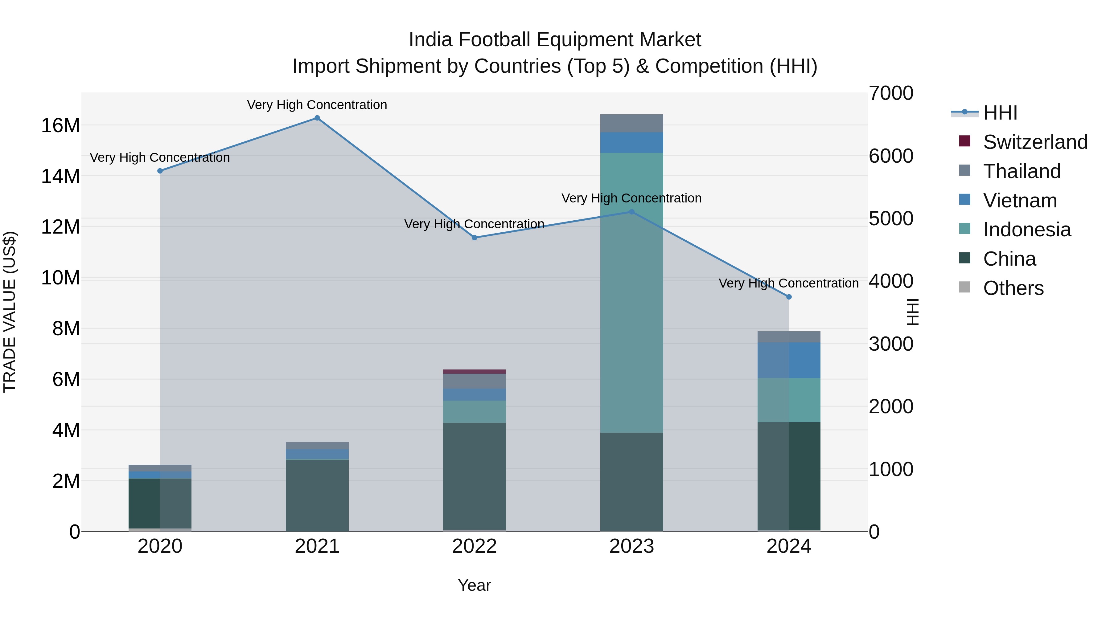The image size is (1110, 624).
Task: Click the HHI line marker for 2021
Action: (317, 118)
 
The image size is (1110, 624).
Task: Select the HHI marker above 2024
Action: (789, 297)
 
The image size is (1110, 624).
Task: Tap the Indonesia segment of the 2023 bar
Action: (632, 293)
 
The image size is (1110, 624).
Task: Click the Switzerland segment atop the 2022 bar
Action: (475, 372)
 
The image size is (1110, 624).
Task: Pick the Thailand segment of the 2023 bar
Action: (632, 123)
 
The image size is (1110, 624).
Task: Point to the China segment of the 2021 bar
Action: (317, 495)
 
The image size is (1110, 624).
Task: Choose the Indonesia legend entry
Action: (1026, 230)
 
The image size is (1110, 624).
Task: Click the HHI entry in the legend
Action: (1000, 113)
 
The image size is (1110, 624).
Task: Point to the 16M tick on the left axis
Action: (60, 126)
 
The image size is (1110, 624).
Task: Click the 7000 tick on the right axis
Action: (891, 93)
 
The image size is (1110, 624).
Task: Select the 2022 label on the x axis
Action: (475, 546)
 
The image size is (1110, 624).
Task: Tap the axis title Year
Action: (475, 585)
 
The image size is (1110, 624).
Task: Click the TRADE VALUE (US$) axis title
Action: (10, 312)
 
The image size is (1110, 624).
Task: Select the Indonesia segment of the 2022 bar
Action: (475, 412)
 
